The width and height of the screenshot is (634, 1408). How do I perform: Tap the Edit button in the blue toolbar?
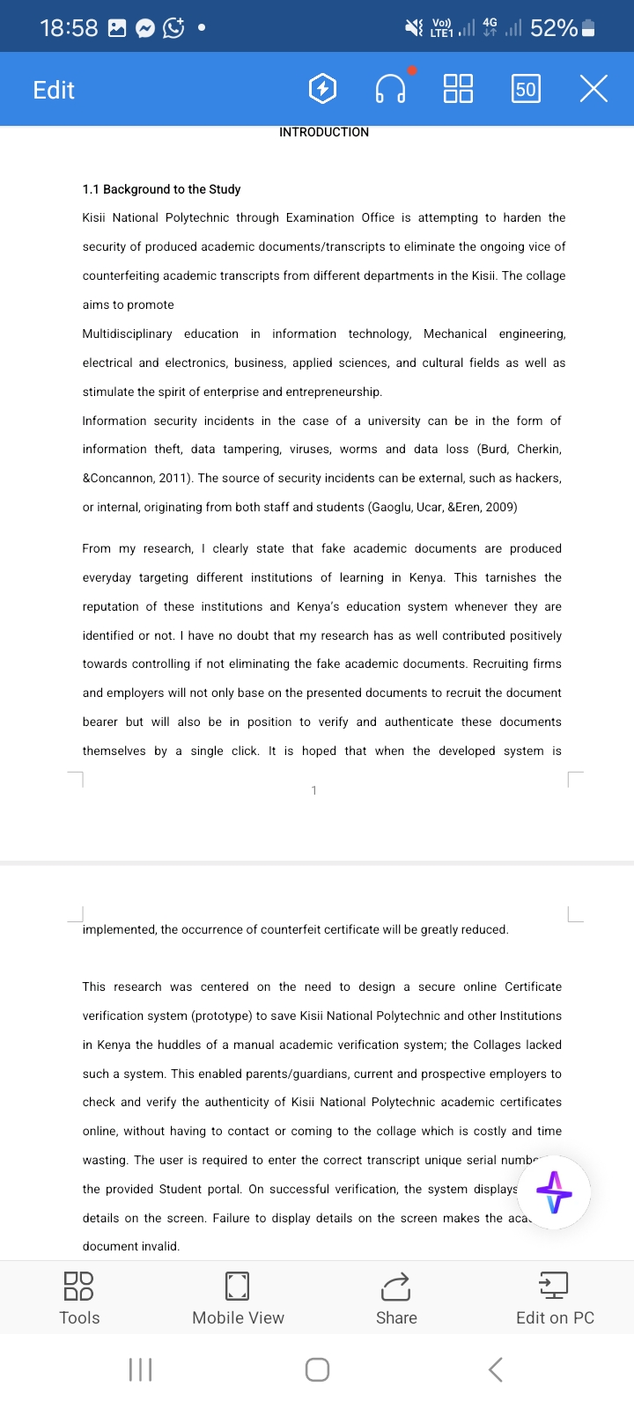coord(54,90)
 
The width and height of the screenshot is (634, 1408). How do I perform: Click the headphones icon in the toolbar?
coord(390,89)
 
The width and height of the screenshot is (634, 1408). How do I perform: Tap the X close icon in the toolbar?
coord(593,89)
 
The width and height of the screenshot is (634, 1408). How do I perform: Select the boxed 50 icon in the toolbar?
coord(526,89)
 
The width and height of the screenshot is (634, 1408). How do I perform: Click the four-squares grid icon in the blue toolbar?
coord(458,89)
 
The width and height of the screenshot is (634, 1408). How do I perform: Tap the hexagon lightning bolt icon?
coord(323,89)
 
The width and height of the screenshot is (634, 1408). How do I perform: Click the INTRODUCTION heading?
coord(324,132)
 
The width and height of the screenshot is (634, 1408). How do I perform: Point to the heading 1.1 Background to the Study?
coord(161,189)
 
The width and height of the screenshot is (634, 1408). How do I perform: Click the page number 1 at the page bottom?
coord(314,790)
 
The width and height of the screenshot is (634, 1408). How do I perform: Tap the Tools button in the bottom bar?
coord(79,1298)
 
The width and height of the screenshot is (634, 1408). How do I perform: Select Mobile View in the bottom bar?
coord(238,1298)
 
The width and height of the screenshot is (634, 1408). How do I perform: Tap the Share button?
coord(396,1298)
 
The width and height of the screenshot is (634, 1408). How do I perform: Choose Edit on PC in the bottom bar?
coord(555,1298)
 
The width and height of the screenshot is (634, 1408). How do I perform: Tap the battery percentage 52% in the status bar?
coord(554,28)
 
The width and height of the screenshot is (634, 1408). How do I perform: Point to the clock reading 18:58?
coord(69,28)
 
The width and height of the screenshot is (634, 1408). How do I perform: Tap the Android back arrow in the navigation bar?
coord(496,1369)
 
